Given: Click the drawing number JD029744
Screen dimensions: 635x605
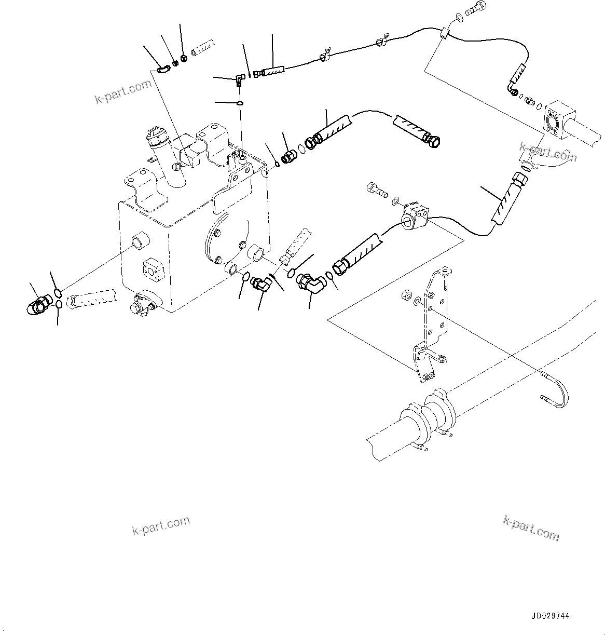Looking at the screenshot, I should tap(550, 616).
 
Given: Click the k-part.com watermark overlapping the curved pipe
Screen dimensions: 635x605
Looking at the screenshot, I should tap(547, 153).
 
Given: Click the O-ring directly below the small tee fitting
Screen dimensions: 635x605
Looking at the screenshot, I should tap(240, 103).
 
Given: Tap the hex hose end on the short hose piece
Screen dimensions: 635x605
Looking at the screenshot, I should tap(432, 139).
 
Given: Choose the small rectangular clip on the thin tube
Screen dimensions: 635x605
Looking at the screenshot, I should tap(444, 34).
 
